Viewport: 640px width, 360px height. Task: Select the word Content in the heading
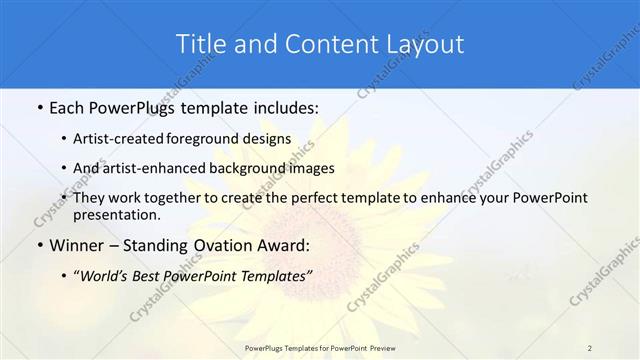317,44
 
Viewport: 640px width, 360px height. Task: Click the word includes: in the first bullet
277,106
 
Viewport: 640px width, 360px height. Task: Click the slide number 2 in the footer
590,347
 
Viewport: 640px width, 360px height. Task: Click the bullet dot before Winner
38,245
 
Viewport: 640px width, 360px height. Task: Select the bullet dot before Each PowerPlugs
38,106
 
